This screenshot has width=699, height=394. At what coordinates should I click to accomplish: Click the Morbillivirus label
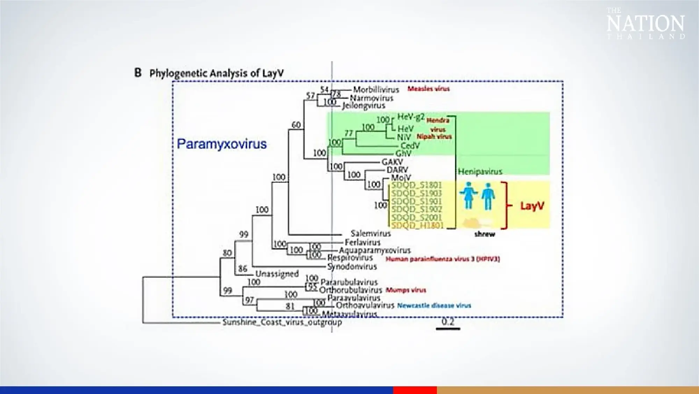[376, 90]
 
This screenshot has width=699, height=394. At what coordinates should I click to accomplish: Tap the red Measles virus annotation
[428, 89]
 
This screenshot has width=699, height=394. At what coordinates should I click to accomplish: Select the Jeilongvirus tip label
[363, 106]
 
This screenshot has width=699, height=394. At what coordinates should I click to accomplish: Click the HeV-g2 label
[411, 117]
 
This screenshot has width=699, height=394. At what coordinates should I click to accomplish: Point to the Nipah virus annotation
[434, 137]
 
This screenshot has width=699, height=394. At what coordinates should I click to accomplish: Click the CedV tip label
[410, 145]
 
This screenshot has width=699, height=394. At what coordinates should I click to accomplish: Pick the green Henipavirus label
[480, 172]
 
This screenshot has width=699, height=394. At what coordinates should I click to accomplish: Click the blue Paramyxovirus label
[222, 144]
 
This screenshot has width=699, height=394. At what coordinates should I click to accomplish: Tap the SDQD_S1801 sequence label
[417, 185]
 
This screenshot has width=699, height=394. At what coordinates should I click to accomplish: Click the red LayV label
[532, 206]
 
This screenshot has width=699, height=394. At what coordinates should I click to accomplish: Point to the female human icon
[468, 195]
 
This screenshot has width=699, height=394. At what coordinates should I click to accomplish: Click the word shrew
[484, 234]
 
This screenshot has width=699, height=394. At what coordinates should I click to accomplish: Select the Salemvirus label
[370, 234]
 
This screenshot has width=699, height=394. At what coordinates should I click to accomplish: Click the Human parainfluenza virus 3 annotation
[442, 259]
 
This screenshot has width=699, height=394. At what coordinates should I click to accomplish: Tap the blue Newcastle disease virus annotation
[434, 306]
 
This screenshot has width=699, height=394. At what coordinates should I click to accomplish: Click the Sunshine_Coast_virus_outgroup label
[282, 322]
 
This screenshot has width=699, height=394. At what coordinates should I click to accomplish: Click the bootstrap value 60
[296, 125]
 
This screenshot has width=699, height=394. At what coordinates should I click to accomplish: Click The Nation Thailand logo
[645, 23]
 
